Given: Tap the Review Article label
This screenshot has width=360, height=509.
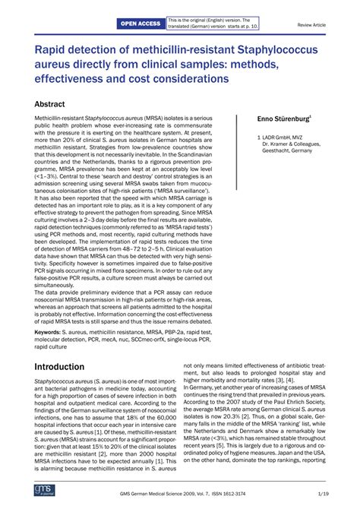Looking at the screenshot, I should (310, 25).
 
